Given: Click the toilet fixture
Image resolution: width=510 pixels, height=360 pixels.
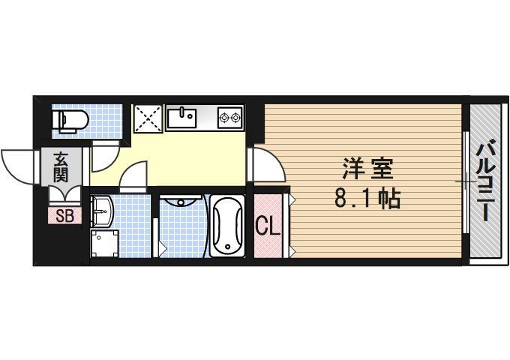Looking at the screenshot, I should [71, 119].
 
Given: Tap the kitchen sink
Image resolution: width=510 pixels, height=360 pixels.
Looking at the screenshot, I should [181, 117].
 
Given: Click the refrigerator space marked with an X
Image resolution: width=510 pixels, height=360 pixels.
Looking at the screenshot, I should [148, 118].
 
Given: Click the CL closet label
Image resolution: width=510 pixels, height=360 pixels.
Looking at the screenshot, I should [268, 226].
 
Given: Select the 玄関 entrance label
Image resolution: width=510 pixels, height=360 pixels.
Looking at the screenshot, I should [61, 169].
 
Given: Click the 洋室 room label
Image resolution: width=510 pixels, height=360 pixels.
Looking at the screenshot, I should [368, 168].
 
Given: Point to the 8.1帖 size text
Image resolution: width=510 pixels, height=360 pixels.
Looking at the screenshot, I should [368, 199].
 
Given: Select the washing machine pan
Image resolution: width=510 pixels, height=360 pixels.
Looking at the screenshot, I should [105, 242].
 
